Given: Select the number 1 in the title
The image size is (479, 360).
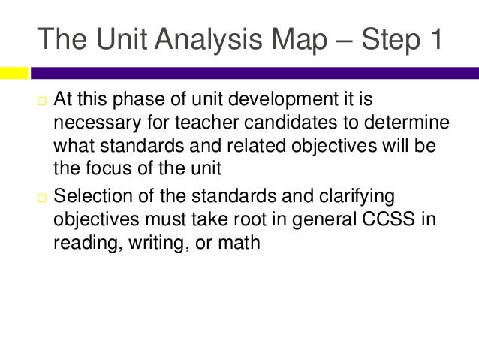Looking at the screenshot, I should [431, 39].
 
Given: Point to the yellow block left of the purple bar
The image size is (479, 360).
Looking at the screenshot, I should [14, 73].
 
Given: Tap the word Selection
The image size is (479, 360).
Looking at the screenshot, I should [94, 199].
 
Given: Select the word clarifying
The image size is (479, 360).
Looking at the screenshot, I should [363, 199].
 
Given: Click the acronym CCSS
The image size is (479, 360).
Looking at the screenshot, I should [397, 221].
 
